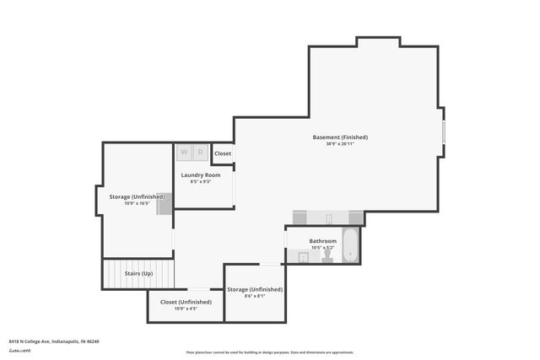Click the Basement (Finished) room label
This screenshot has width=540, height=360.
(340, 137)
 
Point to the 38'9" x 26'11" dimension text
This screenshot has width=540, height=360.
(340, 144)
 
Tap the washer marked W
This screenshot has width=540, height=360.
(185, 152)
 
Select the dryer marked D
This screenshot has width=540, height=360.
(200, 152)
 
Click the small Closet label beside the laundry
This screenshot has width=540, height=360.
(223, 153)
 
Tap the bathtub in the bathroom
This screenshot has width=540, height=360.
(350, 245)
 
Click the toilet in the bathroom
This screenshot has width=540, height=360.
(327, 255)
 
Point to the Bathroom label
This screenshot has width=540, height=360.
(322, 240)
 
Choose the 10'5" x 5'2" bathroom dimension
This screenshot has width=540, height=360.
(322, 248)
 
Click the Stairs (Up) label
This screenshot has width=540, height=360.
(138, 274)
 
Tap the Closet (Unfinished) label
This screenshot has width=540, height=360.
(186, 301)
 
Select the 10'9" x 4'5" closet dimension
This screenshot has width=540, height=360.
(186, 309)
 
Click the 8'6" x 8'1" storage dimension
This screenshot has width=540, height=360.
(254, 296)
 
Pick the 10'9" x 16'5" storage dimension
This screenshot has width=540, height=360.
(137, 203)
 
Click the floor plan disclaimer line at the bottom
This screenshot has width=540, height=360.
(270, 352)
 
